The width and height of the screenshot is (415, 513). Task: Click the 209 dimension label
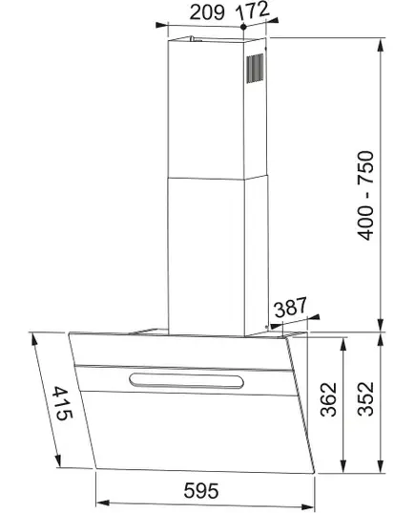[207, 12]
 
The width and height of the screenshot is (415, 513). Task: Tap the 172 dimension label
[252, 11]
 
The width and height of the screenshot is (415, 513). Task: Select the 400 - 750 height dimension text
[365, 195]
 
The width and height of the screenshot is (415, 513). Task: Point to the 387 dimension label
[290, 307]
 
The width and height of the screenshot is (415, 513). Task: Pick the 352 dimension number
[365, 398]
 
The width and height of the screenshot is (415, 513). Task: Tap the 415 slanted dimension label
[62, 403]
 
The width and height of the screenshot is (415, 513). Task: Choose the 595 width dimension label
[201, 490]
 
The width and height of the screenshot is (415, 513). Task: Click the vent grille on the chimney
[255, 69]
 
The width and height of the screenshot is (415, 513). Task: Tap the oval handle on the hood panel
[187, 381]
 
